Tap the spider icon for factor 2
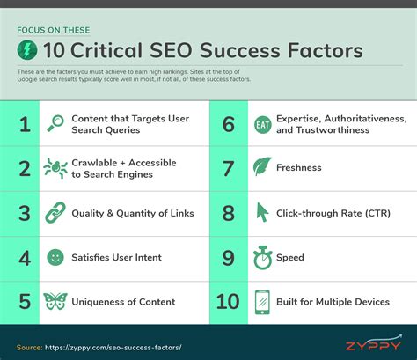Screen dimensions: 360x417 55,168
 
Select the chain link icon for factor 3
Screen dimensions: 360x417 55,212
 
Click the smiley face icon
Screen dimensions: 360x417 55,257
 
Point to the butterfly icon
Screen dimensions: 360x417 55,302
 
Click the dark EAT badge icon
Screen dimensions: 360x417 261,123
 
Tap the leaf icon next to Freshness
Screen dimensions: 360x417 261,167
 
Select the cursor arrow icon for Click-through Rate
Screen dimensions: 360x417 261,212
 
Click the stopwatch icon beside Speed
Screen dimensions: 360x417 261,257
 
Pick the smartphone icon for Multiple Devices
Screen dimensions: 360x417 261,302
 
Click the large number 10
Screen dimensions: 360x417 226,302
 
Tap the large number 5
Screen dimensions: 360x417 25,302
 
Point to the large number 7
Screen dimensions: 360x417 228,167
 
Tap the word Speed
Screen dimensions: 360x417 289,257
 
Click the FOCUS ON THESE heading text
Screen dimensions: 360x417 52,28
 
